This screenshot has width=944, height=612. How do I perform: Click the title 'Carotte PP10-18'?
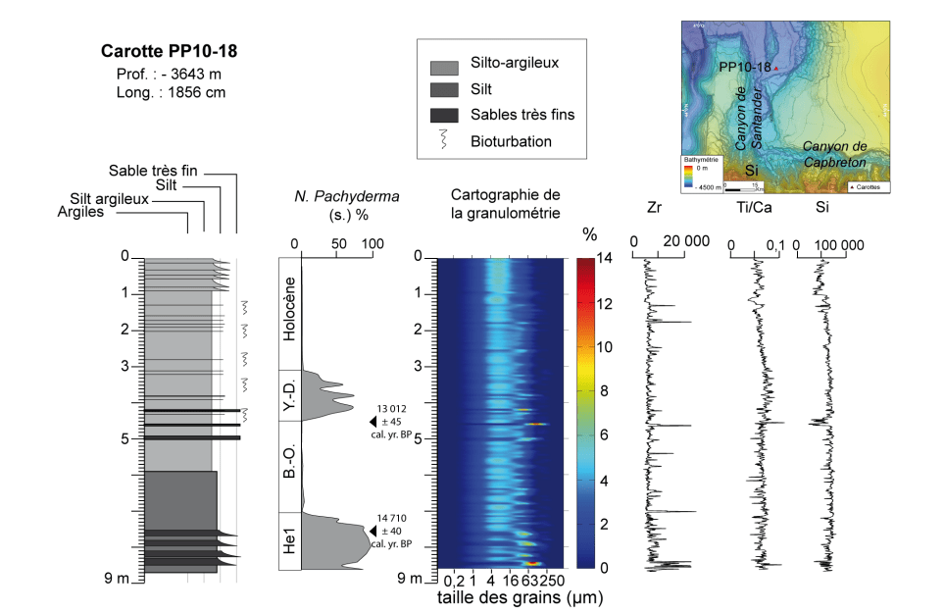pos(170,50)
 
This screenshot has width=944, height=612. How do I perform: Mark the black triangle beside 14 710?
pos(372,531)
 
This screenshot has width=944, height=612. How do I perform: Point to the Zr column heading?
pos(656,207)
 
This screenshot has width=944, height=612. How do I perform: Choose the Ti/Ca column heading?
pos(752,207)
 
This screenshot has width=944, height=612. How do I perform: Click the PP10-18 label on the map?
pos(745,68)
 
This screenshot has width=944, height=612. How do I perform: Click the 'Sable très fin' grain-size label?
pos(153,170)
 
